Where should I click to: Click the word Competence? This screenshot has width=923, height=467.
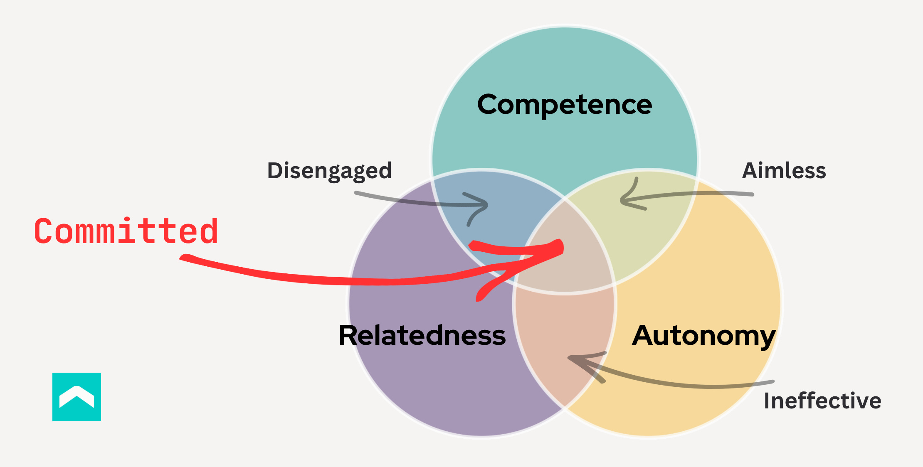click(564, 104)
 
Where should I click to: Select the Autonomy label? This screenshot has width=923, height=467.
click(703, 336)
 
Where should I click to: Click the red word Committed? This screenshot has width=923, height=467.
click(126, 231)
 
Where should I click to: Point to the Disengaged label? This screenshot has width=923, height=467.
click(329, 171)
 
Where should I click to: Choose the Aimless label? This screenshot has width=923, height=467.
click(784, 171)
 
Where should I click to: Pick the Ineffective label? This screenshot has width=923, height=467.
click(822, 401)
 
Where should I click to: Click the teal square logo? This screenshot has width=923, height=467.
click(77, 397)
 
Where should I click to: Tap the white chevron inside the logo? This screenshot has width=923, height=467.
click(77, 396)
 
